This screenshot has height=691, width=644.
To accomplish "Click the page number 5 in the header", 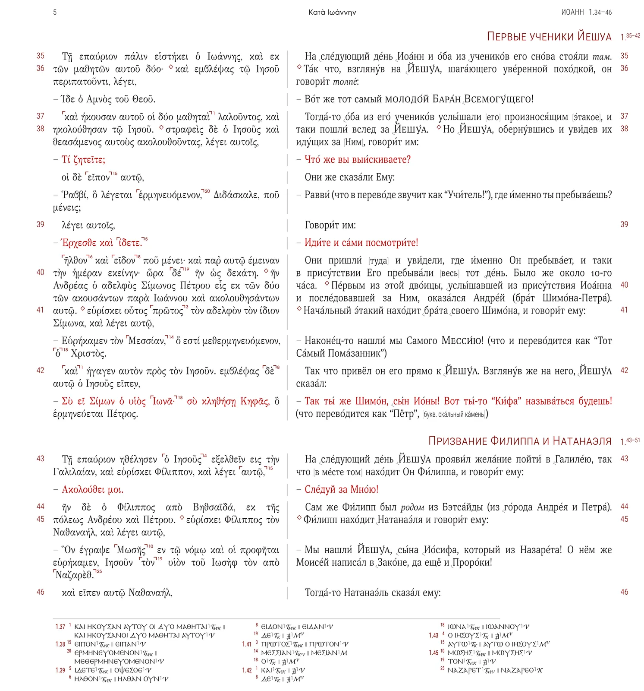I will click(55, 12).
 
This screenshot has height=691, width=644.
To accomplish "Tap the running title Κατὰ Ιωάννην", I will click(332, 12).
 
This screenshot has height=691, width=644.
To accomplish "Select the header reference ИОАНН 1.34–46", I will click(586, 12).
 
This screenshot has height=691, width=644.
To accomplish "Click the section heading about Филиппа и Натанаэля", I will click(520, 441).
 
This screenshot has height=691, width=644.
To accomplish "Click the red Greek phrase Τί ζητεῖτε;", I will click(83, 160).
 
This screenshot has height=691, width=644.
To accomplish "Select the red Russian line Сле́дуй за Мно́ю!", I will click(341, 489).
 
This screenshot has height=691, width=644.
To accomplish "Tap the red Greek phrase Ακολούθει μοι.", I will click(92, 489).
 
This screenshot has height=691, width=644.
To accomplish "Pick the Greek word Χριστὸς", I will click(88, 354).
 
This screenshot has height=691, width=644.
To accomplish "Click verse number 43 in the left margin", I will click(41, 459).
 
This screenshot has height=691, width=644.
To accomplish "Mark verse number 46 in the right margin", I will click(624, 592).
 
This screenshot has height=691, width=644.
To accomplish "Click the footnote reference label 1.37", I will click(60, 627).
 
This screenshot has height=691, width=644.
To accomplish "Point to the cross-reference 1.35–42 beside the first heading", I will click(630, 37).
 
